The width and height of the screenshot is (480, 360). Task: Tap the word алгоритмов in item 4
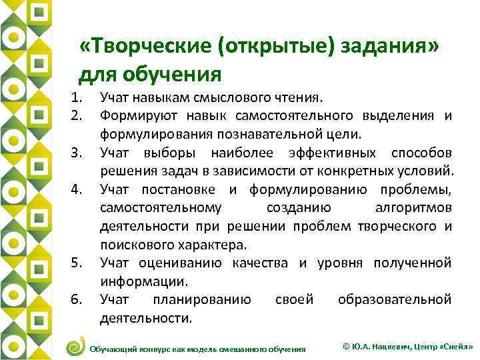click(x=409, y=209)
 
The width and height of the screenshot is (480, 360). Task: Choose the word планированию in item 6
click(x=202, y=299)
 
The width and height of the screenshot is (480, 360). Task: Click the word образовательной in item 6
click(x=395, y=299)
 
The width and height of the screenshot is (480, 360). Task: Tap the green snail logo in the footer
click(x=75, y=347)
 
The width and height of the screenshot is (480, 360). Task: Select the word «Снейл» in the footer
click(x=455, y=347)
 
